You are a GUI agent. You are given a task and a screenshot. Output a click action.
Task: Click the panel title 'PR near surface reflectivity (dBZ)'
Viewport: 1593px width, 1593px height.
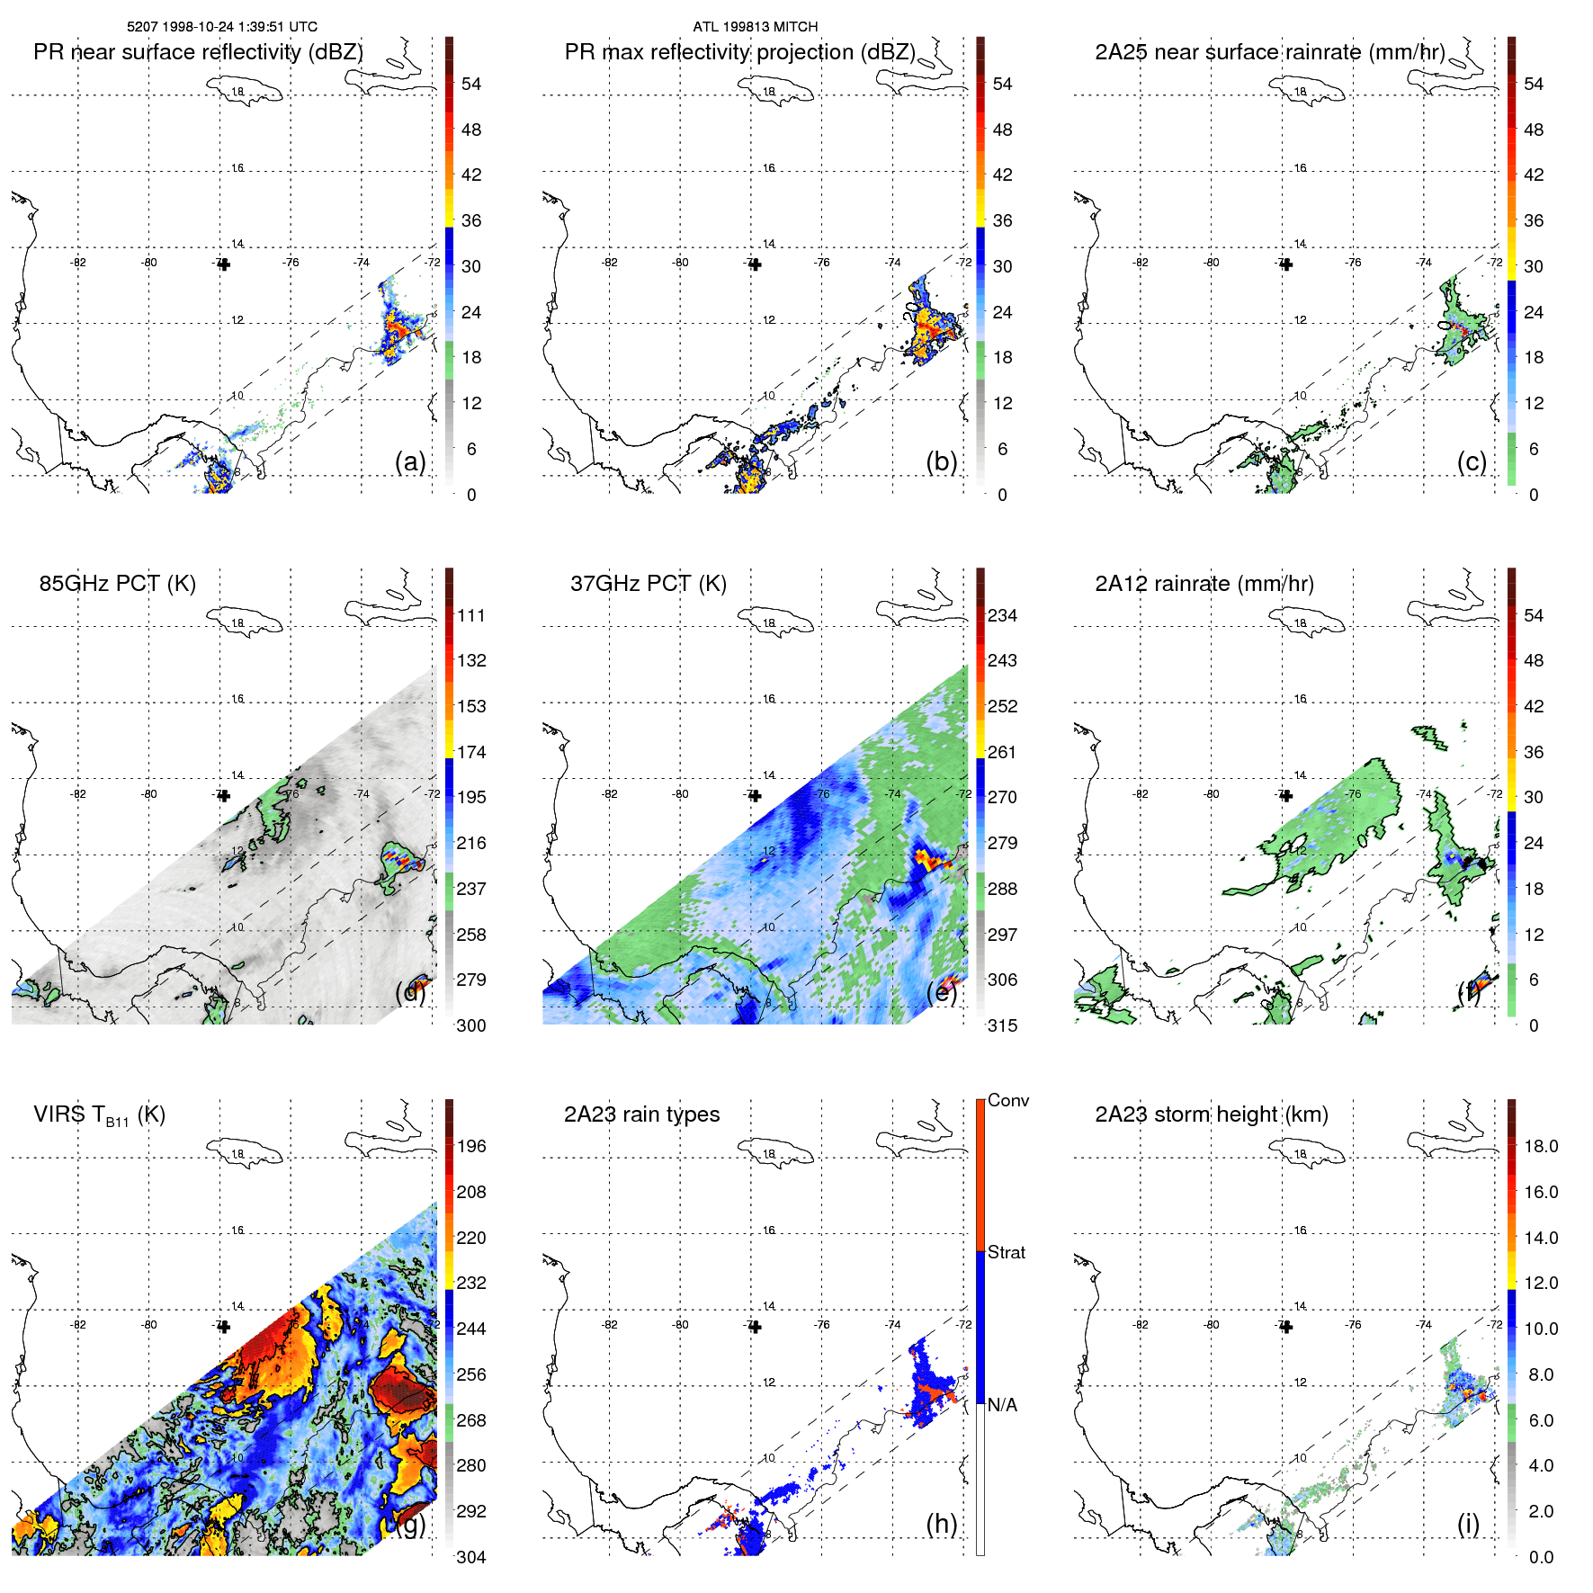pyautogui.click(x=198, y=52)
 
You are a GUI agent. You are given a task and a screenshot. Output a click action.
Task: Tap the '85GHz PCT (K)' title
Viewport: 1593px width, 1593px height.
pyautogui.click(x=117, y=584)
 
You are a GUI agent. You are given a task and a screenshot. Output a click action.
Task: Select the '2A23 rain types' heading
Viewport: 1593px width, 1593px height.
pyautogui.click(x=641, y=1114)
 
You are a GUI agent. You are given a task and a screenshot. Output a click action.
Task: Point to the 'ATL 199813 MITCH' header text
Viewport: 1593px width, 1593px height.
pyautogui.click(x=755, y=27)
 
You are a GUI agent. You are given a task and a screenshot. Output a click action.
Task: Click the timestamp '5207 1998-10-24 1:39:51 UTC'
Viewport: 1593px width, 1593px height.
pyautogui.click(x=222, y=27)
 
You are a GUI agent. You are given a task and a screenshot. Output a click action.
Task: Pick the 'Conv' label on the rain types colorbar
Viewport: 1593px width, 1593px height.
pyautogui.click(x=1007, y=1100)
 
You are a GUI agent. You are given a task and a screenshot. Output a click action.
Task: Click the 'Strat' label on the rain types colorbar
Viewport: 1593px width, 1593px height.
pyautogui.click(x=1006, y=1252)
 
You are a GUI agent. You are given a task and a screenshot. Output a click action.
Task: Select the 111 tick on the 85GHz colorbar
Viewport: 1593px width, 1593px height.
pyautogui.click(x=471, y=615)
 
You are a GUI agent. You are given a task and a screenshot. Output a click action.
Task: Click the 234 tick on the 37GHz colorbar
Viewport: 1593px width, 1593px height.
pyautogui.click(x=1002, y=615)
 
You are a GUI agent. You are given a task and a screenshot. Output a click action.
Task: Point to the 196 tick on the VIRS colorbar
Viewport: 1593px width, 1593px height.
pyautogui.click(x=471, y=1146)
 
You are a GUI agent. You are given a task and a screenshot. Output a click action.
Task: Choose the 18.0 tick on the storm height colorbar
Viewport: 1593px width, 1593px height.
pyautogui.click(x=1540, y=1146)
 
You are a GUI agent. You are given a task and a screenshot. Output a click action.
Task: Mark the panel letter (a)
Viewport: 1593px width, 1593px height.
pyautogui.click(x=410, y=461)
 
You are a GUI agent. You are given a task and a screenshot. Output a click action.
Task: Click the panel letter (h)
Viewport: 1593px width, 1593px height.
pyautogui.click(x=942, y=1524)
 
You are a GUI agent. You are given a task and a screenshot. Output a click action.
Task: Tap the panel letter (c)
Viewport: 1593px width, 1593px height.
pyautogui.click(x=1472, y=461)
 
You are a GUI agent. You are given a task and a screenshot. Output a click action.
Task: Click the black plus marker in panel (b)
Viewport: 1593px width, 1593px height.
pyautogui.click(x=755, y=264)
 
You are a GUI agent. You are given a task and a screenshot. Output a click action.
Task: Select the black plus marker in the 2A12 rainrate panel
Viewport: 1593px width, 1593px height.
pyautogui.click(x=1286, y=796)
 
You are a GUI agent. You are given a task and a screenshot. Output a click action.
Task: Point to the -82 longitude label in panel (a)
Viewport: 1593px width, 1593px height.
pyautogui.click(x=78, y=263)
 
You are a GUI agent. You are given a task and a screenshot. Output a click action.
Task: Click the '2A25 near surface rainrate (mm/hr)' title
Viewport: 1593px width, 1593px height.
pyautogui.click(x=1270, y=52)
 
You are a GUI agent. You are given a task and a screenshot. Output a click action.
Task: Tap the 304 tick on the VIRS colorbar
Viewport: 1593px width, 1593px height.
pyautogui.click(x=471, y=1557)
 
